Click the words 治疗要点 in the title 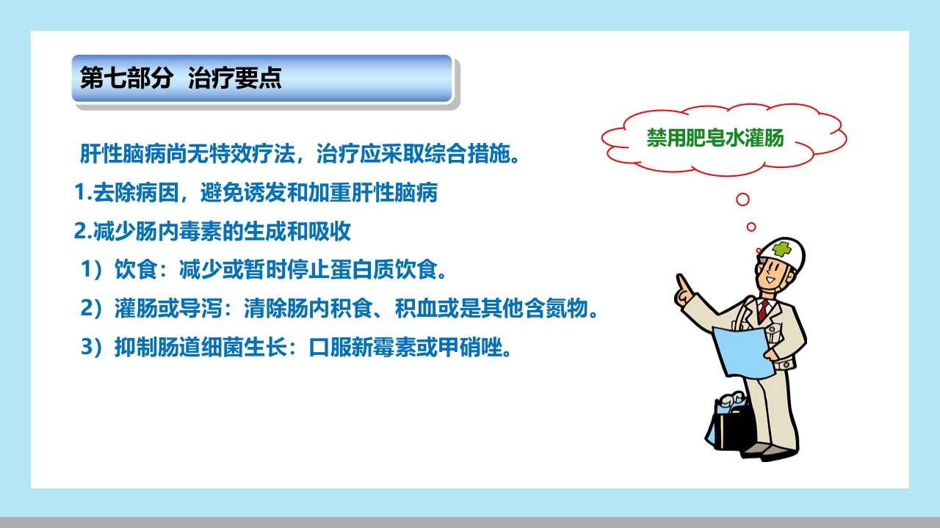coord(235,78)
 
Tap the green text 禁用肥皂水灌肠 coord(715,138)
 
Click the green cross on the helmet coord(781,249)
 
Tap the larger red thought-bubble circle coord(742,199)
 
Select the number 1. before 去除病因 coord(82,194)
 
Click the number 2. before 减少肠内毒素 coord(82,232)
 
